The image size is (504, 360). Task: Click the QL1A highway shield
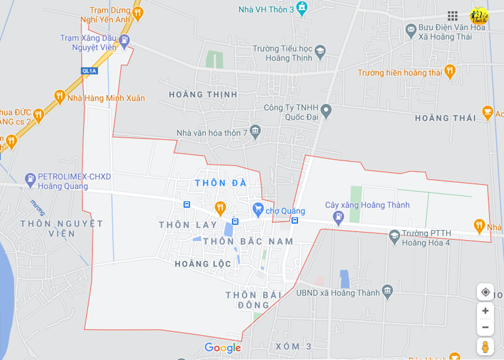click(x=90, y=71)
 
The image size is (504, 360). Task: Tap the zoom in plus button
click(x=485, y=311)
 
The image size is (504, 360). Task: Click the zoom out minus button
click(x=485, y=328)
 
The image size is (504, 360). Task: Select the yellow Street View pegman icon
click(x=485, y=347)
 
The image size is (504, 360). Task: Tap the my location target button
click(x=485, y=292)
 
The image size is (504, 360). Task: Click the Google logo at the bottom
click(x=223, y=348)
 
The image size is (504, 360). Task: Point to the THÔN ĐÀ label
click(x=221, y=183)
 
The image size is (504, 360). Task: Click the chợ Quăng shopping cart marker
click(x=258, y=210)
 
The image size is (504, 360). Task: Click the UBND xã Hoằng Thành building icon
click(x=388, y=291)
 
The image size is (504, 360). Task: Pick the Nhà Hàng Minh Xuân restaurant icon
click(x=59, y=96)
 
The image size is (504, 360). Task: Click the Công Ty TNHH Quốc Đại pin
click(x=326, y=112)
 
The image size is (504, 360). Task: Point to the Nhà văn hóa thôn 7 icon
click(x=255, y=132)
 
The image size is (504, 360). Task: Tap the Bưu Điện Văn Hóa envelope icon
click(x=411, y=29)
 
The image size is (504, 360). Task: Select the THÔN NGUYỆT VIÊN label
click(x=62, y=228)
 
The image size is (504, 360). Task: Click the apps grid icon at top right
click(x=452, y=16)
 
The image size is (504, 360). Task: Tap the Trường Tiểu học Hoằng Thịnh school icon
click(x=320, y=51)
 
